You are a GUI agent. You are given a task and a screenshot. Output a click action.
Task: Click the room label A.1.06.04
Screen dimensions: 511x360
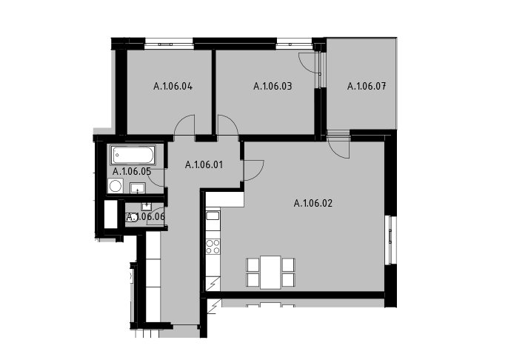click(x=173, y=87)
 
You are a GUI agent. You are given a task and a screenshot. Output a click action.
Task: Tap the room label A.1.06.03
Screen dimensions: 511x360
click(x=273, y=87)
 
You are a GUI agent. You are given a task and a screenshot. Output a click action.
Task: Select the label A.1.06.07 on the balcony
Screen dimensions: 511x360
click(x=367, y=87)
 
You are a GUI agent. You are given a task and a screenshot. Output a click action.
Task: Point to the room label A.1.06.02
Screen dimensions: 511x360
click(x=313, y=204)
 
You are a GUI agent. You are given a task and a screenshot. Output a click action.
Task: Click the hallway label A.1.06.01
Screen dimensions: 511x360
click(x=204, y=165)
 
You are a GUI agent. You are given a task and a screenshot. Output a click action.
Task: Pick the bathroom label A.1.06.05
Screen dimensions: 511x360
click(x=132, y=171)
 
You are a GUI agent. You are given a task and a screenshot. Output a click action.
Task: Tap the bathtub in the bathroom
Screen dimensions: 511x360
click(x=133, y=155)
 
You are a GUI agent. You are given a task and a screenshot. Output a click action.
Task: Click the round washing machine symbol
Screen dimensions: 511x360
click(x=115, y=186)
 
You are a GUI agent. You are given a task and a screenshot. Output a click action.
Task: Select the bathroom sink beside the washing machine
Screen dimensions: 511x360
click(x=138, y=188)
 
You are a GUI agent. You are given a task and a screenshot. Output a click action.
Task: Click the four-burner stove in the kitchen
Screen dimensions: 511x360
click(x=213, y=247)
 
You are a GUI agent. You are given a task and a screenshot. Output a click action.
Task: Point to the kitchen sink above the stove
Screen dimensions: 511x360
click(x=213, y=216)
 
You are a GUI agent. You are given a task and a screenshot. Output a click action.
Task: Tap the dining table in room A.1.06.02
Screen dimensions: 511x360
click(x=270, y=273)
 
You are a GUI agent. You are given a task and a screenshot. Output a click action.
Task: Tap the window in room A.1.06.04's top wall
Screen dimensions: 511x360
click(x=169, y=44)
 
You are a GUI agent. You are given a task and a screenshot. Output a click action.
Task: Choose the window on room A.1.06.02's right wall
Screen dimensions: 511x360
click(x=390, y=240)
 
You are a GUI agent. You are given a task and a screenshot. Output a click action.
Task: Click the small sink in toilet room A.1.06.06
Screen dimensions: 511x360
click(x=147, y=207)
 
